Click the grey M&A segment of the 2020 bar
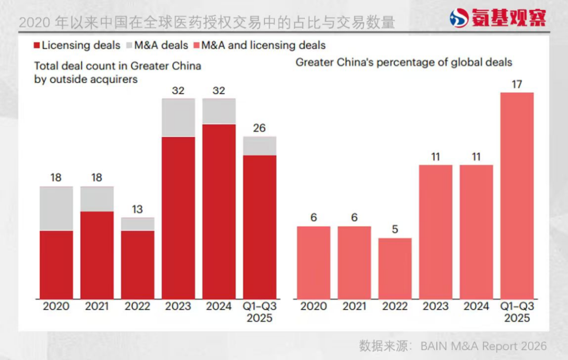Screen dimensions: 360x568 point(56,209)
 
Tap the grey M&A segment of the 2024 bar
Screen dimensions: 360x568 point(219,111)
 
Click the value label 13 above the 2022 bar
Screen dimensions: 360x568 point(137,209)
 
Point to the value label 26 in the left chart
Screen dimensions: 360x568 point(259,128)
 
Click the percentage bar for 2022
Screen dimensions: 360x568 point(395,268)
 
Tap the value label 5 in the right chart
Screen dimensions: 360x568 point(395,230)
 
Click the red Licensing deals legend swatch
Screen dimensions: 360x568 point(36,45)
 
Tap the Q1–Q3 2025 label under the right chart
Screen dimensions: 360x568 point(516,312)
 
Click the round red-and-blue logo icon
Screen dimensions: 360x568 point(459,18)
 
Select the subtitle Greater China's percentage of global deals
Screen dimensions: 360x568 point(403,62)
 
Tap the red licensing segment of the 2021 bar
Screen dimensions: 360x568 point(97,255)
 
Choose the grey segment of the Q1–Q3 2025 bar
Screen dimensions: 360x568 point(259,146)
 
